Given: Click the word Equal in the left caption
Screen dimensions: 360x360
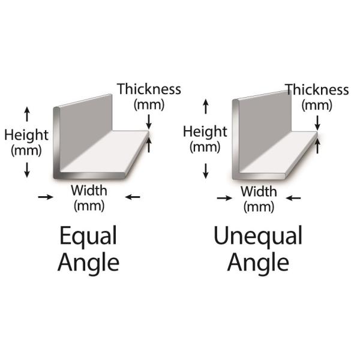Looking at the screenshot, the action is click(x=88, y=236).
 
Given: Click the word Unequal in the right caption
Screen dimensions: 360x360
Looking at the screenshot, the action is click(x=258, y=236).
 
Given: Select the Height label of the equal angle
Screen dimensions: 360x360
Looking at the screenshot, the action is click(x=26, y=135).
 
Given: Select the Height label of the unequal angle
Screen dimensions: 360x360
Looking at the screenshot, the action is click(x=205, y=131).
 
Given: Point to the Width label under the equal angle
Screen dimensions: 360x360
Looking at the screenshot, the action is click(x=89, y=191).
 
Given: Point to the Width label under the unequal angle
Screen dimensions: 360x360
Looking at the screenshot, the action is click(x=259, y=191).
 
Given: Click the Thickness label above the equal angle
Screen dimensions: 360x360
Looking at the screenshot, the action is click(x=149, y=89).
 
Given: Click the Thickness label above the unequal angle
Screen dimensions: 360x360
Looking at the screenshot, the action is click(x=317, y=89).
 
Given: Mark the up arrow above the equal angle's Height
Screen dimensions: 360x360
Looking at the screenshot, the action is click(x=27, y=114).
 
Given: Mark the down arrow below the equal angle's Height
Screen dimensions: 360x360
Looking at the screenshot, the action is click(x=27, y=170).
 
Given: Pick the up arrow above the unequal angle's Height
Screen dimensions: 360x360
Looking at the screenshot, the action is click(x=206, y=107).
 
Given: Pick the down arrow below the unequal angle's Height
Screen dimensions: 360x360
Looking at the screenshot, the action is click(x=206, y=171).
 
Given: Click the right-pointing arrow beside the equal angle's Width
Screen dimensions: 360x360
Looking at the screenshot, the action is click(x=46, y=197).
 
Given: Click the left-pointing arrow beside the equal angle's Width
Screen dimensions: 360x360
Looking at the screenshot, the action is click(x=133, y=197).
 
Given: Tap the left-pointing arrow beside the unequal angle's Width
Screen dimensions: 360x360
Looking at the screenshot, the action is click(x=293, y=197).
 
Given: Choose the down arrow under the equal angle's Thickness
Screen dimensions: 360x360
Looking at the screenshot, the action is click(x=149, y=122).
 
